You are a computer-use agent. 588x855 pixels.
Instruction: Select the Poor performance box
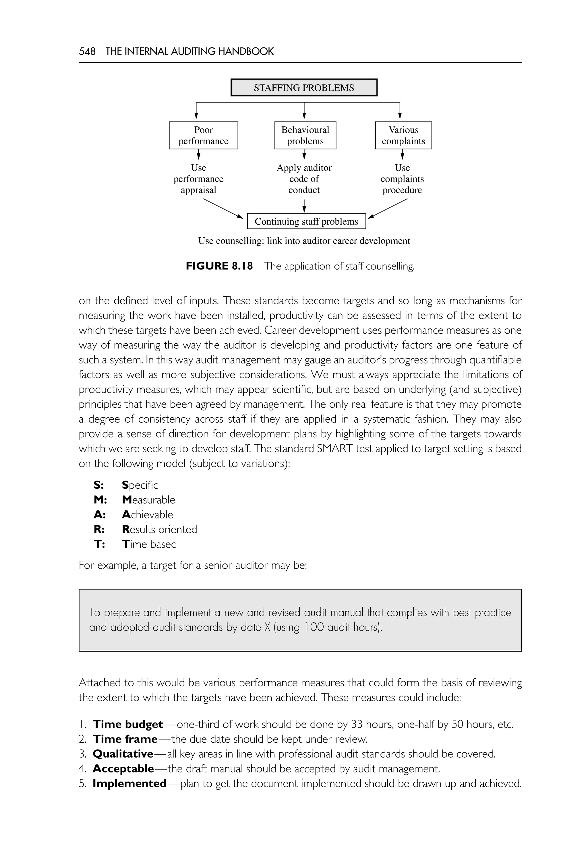(x=203, y=135)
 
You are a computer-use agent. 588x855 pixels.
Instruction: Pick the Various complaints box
(x=403, y=135)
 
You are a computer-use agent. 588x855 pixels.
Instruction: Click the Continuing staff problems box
(x=306, y=221)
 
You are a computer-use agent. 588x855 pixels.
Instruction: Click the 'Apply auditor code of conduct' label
(x=304, y=179)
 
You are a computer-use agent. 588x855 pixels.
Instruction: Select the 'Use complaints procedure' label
(x=402, y=179)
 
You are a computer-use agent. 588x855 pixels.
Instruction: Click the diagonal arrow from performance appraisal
(x=223, y=208)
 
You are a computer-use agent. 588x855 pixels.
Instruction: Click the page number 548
(x=87, y=51)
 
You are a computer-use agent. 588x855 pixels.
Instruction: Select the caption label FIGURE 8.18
(x=219, y=266)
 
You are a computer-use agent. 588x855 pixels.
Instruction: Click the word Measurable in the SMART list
(x=148, y=500)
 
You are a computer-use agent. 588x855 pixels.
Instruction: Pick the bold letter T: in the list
(x=99, y=544)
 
